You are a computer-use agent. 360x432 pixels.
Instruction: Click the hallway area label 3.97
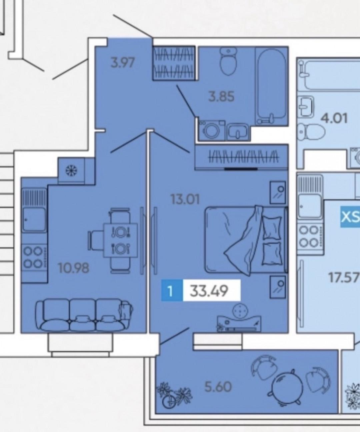coord(123,63)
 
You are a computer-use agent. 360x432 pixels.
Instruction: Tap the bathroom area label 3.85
coord(221,97)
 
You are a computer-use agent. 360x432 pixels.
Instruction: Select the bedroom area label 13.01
coord(185,200)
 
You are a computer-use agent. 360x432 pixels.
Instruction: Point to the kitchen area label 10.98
coord(74,268)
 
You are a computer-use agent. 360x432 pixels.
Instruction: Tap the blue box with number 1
coord(172,290)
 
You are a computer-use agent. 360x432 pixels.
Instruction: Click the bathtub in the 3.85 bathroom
coord(271,86)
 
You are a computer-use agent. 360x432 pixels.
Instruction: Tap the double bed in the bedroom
coord(246,240)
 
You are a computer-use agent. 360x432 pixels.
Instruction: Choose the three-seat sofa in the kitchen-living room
coord(84,315)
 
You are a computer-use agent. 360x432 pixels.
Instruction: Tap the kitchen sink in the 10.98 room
coord(34,220)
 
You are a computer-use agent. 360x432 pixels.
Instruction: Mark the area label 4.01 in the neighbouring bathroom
coord(334,119)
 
